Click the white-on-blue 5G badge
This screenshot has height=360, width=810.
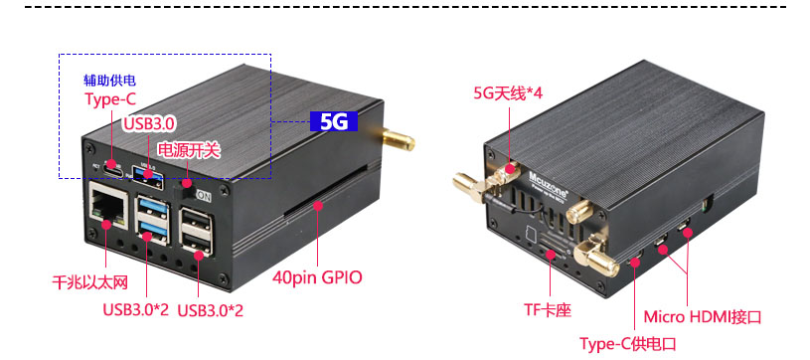click(x=334, y=121)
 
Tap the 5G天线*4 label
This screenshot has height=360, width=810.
click(x=506, y=93)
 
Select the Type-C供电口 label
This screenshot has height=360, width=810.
click(x=628, y=343)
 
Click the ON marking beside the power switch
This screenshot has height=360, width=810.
click(x=204, y=196)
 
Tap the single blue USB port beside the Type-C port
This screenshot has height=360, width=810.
click(x=148, y=178)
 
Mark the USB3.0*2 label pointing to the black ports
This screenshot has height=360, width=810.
click(x=211, y=309)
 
